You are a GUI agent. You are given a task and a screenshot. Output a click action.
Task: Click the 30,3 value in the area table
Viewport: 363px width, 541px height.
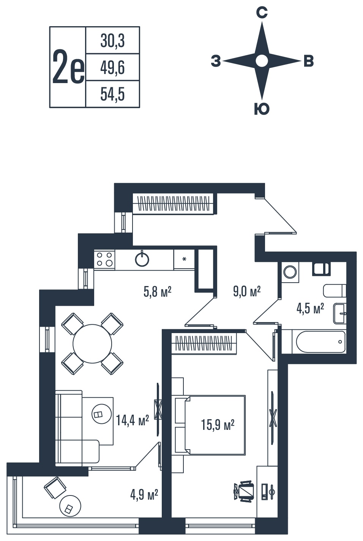(113, 41)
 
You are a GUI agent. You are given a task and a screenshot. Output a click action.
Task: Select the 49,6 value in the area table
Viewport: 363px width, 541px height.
(113, 68)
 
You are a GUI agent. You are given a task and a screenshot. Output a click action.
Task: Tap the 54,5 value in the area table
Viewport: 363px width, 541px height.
(113, 94)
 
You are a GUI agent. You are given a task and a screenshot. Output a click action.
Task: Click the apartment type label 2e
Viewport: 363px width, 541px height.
(68, 67)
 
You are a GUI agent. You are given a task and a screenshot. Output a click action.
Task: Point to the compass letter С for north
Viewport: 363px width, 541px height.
(262, 13)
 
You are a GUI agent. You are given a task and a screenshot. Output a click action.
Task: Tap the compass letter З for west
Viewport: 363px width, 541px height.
(216, 61)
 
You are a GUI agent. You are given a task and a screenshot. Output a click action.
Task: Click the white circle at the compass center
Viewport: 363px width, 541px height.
(262, 61)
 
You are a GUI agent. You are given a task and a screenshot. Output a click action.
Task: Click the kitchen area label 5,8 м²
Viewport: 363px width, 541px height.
(158, 291)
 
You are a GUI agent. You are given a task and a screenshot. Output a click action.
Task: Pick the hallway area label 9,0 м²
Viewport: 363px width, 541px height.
(247, 291)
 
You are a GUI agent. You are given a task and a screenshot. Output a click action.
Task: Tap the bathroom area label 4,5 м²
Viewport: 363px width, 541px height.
(310, 309)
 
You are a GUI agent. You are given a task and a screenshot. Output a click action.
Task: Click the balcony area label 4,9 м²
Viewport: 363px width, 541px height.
(144, 495)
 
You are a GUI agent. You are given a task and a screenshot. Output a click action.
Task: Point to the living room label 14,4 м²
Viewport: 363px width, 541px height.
(133, 420)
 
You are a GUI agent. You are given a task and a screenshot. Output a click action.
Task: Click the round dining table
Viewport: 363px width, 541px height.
(92, 344)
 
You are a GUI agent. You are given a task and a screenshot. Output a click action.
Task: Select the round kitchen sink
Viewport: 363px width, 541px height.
(142, 259)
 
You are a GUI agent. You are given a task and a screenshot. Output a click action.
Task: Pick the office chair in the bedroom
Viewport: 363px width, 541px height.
(244, 491)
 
